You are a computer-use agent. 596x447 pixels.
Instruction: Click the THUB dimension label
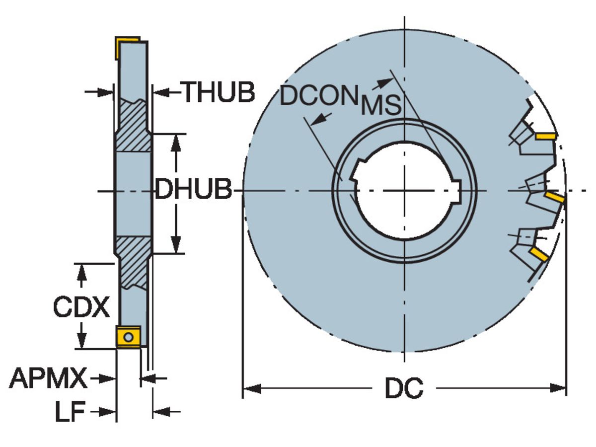click(x=219, y=92)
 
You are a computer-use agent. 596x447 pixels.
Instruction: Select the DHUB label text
click(x=193, y=190)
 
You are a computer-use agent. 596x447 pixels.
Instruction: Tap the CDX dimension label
click(x=81, y=307)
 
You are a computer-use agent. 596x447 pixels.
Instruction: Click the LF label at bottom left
click(x=70, y=412)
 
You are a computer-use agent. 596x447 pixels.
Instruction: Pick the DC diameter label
click(x=404, y=388)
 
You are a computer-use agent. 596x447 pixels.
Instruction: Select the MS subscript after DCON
click(x=380, y=106)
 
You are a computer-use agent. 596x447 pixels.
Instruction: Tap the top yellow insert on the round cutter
click(x=545, y=136)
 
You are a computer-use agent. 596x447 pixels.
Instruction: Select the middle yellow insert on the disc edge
click(x=554, y=198)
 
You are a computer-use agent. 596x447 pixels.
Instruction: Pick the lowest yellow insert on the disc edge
click(x=539, y=254)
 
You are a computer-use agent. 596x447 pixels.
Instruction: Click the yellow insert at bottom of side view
click(x=129, y=337)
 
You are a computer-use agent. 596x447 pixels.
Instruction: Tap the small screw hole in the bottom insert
click(x=129, y=338)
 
